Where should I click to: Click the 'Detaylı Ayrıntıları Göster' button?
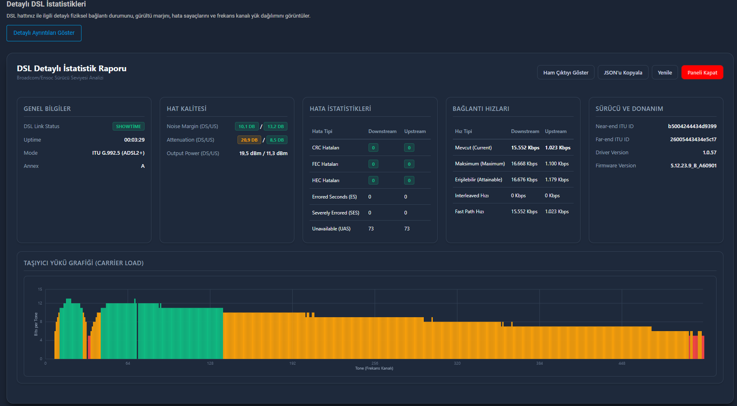click(44, 33)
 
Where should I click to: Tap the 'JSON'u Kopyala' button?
click(623, 72)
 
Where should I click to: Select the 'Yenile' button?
click(665, 72)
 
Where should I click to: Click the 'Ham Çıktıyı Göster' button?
click(565, 72)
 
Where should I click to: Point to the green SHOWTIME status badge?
click(129, 126)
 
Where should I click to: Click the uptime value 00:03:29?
click(134, 140)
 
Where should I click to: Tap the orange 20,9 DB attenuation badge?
click(249, 140)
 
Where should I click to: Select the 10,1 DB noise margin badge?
click(246, 126)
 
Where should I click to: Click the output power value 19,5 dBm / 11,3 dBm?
click(263, 153)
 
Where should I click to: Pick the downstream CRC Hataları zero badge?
click(373, 148)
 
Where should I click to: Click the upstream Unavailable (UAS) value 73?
click(407, 229)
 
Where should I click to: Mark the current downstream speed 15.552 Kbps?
click(525, 148)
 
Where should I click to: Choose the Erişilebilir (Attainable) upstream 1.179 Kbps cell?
click(557, 180)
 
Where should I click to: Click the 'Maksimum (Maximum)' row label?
click(480, 164)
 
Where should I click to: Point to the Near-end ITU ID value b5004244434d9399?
click(692, 126)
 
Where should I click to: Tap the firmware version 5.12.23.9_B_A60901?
click(694, 166)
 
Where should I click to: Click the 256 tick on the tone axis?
click(375, 363)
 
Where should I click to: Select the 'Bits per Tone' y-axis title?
click(36, 324)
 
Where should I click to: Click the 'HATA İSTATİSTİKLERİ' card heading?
click(340, 109)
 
